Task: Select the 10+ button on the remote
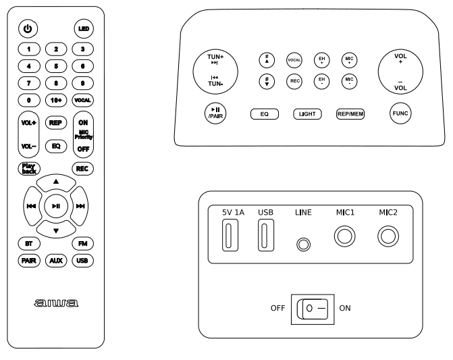click(x=55, y=99)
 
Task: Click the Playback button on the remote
click(x=28, y=169)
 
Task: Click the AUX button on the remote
click(x=55, y=260)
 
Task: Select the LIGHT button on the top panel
click(x=307, y=114)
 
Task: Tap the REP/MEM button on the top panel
click(x=350, y=114)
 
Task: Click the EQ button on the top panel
click(x=265, y=114)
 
